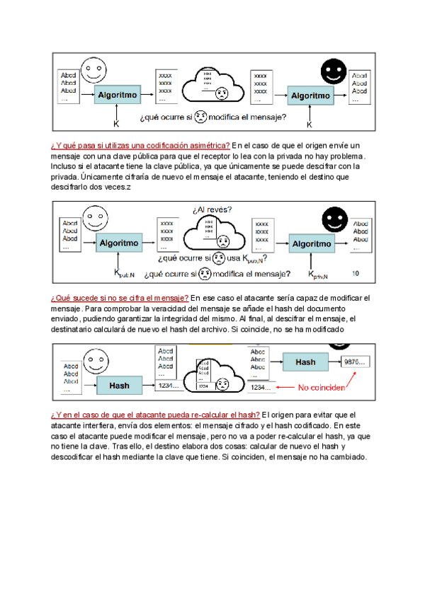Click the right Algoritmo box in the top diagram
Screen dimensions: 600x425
click(x=310, y=95)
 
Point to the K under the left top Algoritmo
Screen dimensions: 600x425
click(x=116, y=123)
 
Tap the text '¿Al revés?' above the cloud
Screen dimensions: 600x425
click(x=212, y=209)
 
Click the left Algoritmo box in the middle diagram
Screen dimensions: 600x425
click(x=118, y=243)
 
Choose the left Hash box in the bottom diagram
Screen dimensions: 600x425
click(x=119, y=386)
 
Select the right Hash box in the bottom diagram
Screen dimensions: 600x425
click(x=305, y=362)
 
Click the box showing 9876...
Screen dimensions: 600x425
click(x=356, y=362)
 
